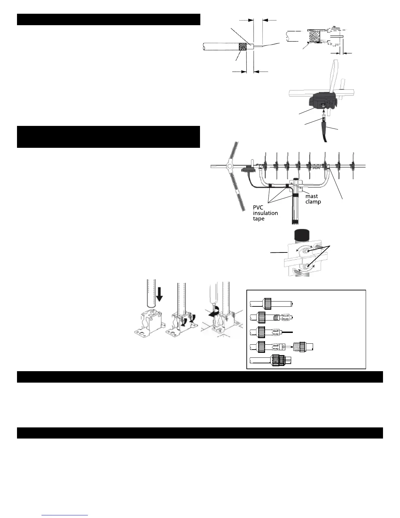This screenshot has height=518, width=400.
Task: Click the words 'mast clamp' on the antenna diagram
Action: tap(313, 199)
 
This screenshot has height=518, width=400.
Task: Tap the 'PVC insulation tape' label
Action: tap(265, 213)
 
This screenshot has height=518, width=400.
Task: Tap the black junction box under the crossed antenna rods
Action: tap(324, 100)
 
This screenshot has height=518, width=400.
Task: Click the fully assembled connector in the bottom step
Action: tap(279, 360)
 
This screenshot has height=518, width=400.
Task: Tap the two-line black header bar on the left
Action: tap(108, 137)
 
